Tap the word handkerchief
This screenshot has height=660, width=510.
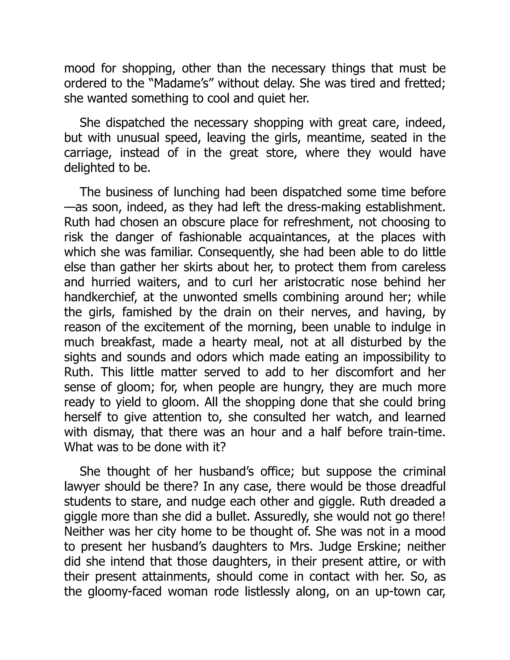click(98, 297)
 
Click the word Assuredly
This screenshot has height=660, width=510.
click(282, 517)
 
